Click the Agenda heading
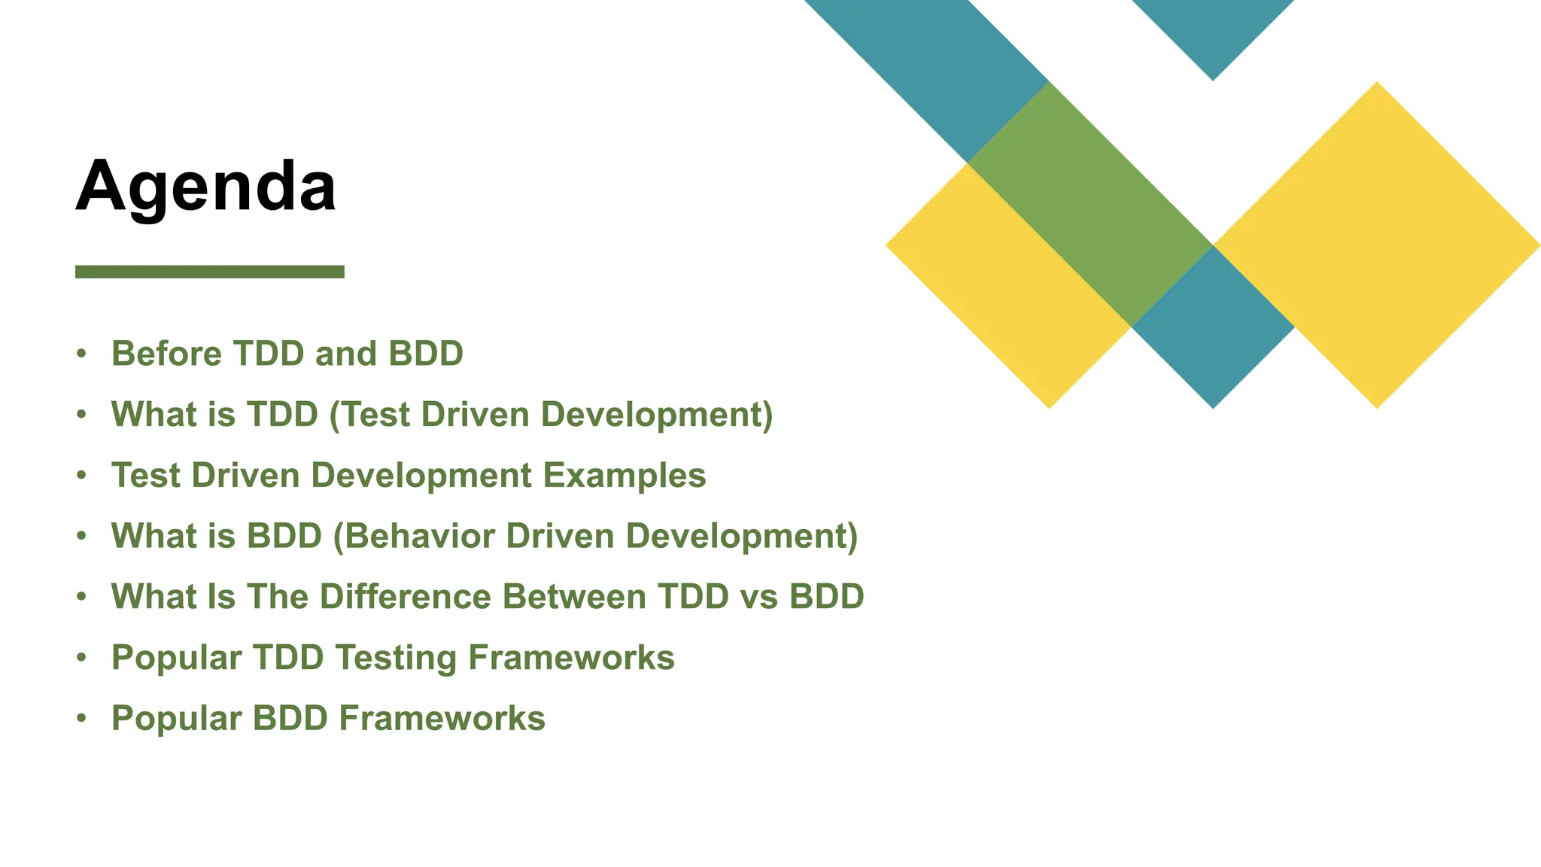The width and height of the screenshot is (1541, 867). [205, 187]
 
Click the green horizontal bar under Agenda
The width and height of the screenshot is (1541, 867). [209, 272]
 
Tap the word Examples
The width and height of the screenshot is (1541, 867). [625, 476]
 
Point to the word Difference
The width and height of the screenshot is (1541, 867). [406, 597]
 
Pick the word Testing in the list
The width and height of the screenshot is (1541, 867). [396, 658]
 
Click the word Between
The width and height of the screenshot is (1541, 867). [574, 597]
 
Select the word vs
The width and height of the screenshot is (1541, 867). [758, 597]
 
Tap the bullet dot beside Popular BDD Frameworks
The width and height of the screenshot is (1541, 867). [82, 718]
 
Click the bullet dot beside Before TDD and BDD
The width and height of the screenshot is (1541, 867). [82, 354]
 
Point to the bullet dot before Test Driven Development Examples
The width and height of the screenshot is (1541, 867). [82, 476]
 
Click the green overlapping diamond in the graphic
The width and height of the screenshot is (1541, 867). [1090, 203]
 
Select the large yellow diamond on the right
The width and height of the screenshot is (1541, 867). [1377, 245]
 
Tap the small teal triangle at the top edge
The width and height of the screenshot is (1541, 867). [1213, 30]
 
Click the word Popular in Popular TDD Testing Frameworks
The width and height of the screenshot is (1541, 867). [176, 658]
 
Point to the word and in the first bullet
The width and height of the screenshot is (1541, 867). [345, 354]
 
